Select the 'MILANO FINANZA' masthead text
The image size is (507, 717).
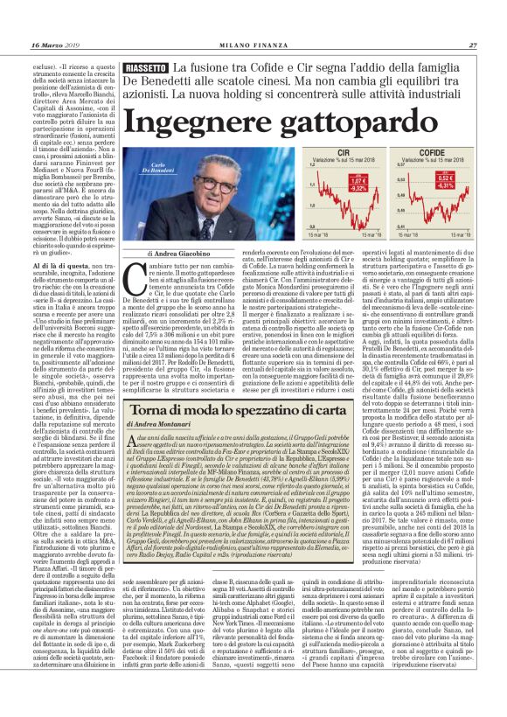[253, 45]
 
